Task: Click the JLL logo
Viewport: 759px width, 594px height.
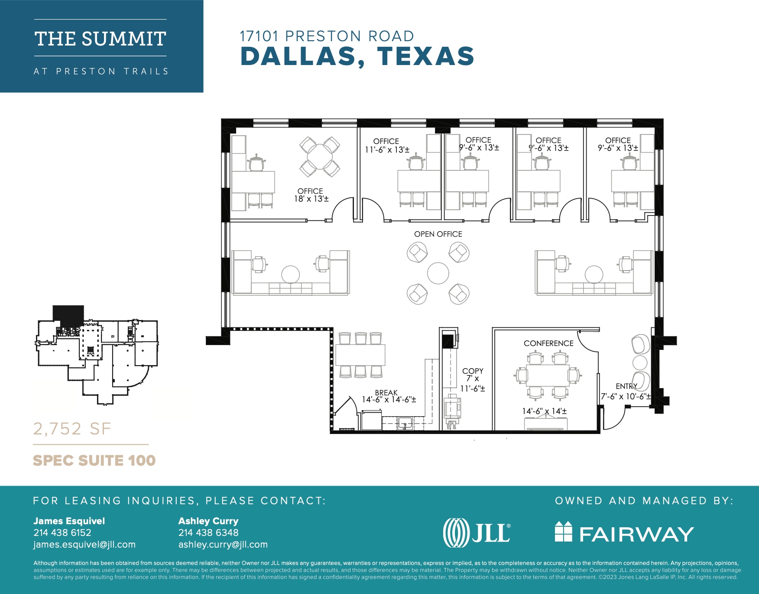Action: click(477, 532)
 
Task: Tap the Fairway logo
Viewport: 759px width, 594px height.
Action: click(624, 532)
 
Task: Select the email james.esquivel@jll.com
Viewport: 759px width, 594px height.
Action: click(84, 545)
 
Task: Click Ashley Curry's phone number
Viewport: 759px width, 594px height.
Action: click(208, 532)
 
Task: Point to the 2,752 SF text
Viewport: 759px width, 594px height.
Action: click(72, 429)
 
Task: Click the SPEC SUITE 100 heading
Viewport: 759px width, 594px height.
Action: click(94, 460)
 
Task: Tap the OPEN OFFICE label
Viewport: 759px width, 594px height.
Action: click(438, 234)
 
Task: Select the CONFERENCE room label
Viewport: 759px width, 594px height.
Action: click(548, 343)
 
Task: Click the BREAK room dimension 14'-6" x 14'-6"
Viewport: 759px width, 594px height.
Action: click(389, 399)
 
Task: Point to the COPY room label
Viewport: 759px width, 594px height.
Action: click(473, 371)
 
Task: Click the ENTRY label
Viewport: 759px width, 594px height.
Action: click(626, 386)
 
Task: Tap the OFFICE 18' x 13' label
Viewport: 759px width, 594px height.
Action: click(311, 195)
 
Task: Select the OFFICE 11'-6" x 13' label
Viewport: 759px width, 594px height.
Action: click(386, 146)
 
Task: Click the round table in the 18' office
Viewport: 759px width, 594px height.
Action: click(320, 157)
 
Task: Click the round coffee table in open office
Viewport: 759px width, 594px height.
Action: click(438, 273)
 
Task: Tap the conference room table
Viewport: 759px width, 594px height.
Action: click(548, 375)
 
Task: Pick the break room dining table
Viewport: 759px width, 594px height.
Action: click(360, 355)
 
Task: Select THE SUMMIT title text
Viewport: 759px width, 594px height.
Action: click(100, 39)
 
